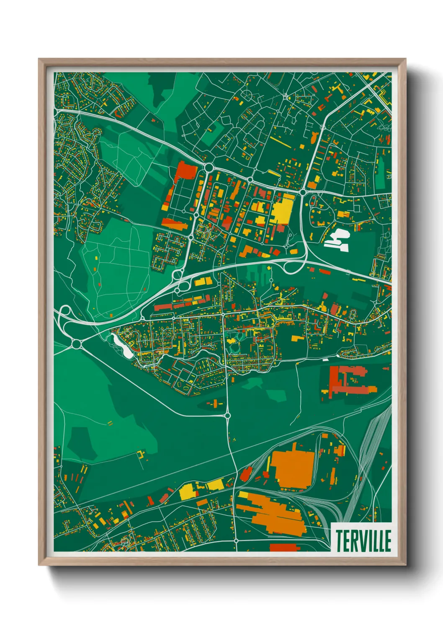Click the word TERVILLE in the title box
click(x=363, y=541)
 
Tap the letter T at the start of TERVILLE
click(x=339, y=541)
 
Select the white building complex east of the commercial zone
click(x=337, y=240)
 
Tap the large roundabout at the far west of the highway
click(x=76, y=344)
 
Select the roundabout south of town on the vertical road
click(x=227, y=415)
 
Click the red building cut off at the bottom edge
click(x=283, y=547)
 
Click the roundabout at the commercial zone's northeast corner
click(x=302, y=192)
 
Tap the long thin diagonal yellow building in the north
click(x=280, y=142)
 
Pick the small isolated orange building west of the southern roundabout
click(x=214, y=404)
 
